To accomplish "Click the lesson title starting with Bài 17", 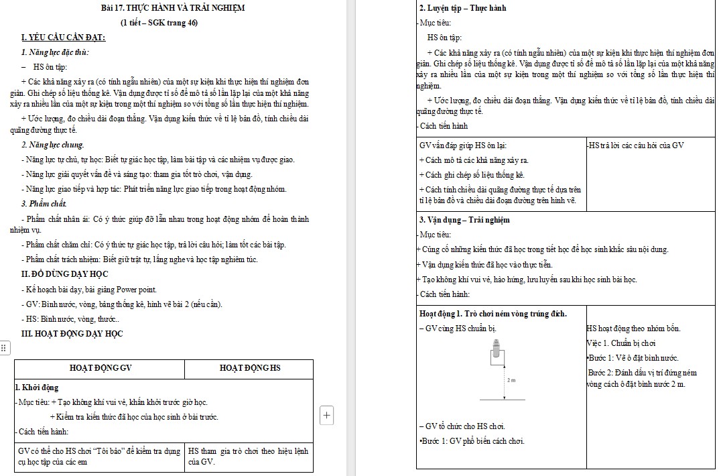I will point(173,8).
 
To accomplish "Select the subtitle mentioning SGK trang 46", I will point(159,23).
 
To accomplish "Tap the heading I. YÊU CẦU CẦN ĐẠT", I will point(63,38).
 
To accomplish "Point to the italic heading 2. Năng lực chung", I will point(52,145).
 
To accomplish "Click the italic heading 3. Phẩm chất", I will point(44,203).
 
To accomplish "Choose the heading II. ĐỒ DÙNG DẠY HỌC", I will point(64,274).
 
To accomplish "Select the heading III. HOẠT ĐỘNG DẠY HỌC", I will point(72,334).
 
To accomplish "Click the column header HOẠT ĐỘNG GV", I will point(101,368).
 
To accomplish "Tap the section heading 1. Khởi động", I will point(37,388).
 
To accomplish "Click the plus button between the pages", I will point(327,415).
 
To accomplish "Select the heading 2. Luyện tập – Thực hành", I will point(462,8).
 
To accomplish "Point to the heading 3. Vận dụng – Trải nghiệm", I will point(464,220).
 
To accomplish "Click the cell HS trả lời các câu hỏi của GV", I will point(636,145).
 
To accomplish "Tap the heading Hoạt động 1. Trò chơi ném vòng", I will point(493,314).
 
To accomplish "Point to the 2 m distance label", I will point(511,380).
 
